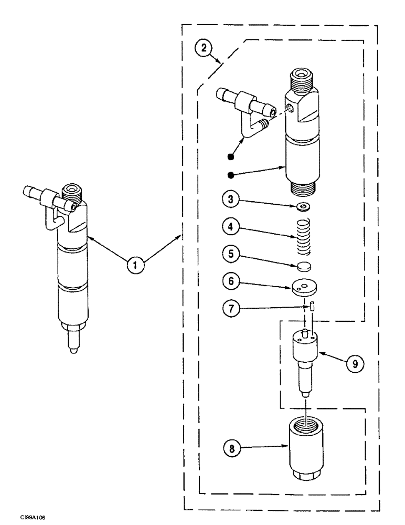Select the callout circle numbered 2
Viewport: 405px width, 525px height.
click(x=201, y=49)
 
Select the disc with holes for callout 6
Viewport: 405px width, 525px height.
click(x=303, y=289)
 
